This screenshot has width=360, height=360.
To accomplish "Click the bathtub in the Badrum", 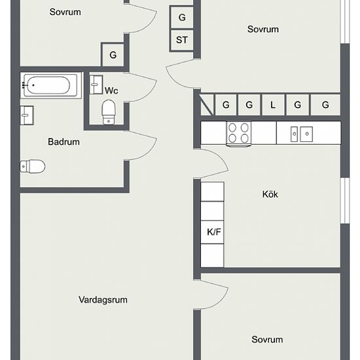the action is click(50, 85).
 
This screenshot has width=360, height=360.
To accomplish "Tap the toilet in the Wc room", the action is click(109, 113).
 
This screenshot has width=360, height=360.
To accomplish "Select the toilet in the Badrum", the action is click(32, 166).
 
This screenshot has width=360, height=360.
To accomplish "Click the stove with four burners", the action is click(238, 134).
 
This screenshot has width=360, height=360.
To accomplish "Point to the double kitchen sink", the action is click(302, 134).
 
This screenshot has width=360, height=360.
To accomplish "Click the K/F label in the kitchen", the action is click(214, 232).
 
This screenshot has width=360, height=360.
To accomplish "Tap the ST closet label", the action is click(182, 40).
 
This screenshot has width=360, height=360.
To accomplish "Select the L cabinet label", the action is click(273, 105).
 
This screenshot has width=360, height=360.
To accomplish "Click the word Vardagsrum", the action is click(103, 300).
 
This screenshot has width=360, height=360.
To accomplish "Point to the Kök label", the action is click(270, 194).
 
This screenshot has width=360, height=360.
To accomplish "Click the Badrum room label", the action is click(64, 142).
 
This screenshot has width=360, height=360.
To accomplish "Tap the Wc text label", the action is click(111, 91).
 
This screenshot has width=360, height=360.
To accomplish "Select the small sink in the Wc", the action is click(96, 84).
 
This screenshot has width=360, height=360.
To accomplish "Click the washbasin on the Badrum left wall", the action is click(27, 115).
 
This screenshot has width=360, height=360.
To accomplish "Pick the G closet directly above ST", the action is click(181, 18).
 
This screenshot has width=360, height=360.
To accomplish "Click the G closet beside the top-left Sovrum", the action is click(113, 55).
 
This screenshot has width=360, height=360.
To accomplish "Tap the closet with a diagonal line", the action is click(207, 105).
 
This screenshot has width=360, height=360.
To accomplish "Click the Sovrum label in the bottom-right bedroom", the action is click(267, 340).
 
